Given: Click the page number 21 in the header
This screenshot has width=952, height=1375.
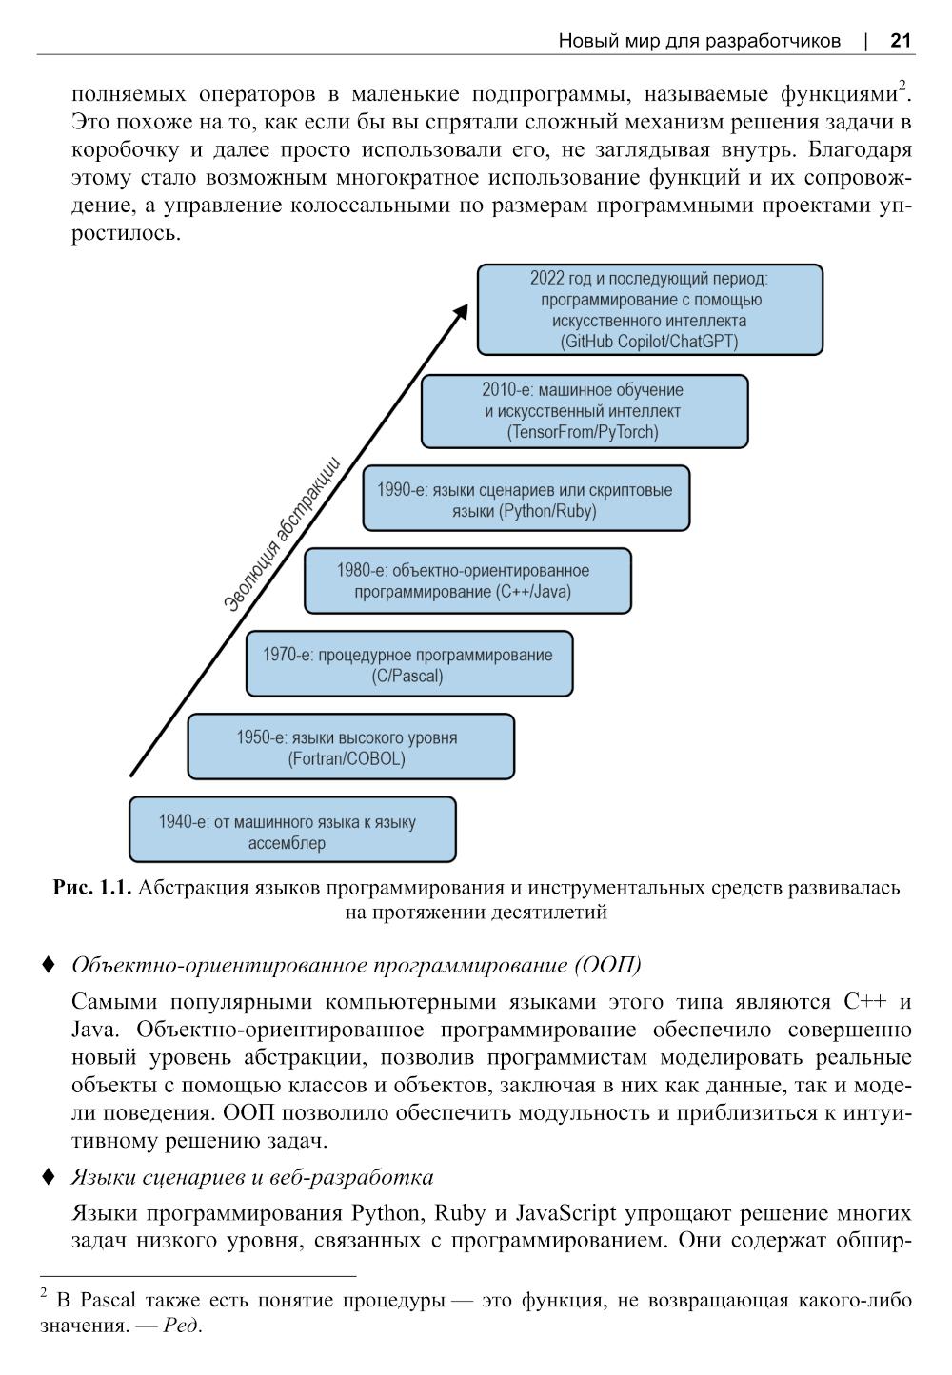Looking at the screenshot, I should pos(901,40).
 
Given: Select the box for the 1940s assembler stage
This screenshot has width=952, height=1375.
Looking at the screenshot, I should pos(292,830).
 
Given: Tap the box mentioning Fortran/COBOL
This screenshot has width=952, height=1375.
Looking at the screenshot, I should pos(350,747).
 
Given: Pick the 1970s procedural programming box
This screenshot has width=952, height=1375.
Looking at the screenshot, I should pos(409,664).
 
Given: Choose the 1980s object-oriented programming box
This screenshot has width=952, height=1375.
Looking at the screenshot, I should pos(467,580).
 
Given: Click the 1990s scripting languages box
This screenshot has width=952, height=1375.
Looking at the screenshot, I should pos(526,499).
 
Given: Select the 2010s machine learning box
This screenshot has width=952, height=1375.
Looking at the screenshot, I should pos(584,411).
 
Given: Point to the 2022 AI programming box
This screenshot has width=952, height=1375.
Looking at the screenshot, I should pos(649,309).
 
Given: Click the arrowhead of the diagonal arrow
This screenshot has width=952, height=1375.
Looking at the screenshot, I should pos(462,312).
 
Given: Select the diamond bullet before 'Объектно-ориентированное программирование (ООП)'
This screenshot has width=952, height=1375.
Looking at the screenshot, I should pos(49,965).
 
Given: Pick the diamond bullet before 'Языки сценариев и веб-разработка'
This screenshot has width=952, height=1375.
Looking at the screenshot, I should pos(49,1177).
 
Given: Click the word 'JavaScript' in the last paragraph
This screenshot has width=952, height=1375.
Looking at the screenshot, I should pos(565,1213).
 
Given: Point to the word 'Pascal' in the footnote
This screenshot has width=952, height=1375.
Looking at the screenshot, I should pos(109,1300).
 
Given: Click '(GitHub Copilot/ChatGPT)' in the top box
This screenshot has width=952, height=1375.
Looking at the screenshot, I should pos(649,342).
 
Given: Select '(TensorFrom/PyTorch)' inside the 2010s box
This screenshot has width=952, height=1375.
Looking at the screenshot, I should pos(584,432).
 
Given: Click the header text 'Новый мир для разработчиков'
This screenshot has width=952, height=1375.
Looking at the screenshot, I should pos(699,41).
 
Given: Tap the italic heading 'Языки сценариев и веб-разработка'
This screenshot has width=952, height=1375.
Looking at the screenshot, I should pos(252,1178).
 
